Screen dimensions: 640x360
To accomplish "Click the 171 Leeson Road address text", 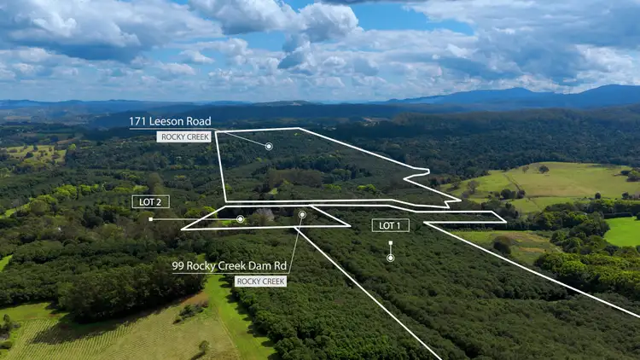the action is click(x=170, y=121).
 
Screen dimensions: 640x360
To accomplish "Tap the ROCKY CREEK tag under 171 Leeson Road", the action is click(x=183, y=136).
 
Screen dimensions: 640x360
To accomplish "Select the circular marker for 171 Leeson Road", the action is click(x=269, y=147).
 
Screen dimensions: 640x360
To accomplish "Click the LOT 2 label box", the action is click(x=151, y=201).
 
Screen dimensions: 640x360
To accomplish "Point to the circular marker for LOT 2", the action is click(x=241, y=219).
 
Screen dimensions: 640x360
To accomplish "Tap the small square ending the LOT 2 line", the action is click(x=151, y=219).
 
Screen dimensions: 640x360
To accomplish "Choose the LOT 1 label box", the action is click(x=390, y=225).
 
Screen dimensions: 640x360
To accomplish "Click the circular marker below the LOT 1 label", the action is click(x=390, y=257).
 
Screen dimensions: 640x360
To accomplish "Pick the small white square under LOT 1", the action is click(x=390, y=243).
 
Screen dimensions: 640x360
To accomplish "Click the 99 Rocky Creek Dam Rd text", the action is click(x=230, y=266).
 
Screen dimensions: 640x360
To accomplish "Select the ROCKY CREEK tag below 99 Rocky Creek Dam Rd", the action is click(x=260, y=281).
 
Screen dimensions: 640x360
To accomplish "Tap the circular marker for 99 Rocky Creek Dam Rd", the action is click(x=302, y=215).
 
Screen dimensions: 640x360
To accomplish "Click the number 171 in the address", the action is click(x=138, y=121).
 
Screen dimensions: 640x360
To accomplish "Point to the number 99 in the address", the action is click(x=178, y=266).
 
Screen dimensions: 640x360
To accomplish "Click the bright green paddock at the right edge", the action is click(x=624, y=231).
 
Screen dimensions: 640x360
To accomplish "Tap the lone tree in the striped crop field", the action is click(x=203, y=346).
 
